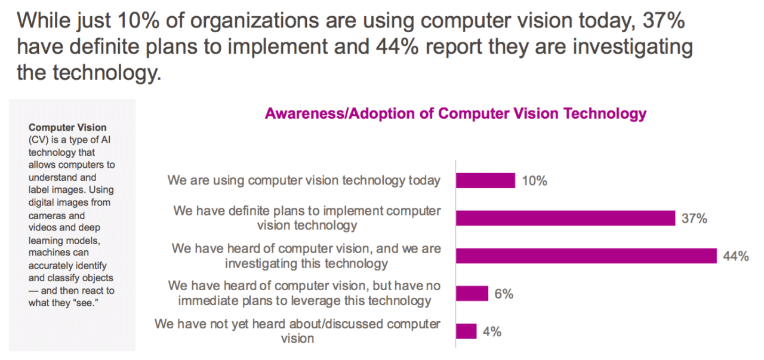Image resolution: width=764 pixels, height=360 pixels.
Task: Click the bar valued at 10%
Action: coord(485,180)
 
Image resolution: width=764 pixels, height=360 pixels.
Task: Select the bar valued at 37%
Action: coord(565,218)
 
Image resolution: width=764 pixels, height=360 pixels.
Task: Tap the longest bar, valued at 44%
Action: coord(586,256)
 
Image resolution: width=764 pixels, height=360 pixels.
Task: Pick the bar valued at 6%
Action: coord(472,293)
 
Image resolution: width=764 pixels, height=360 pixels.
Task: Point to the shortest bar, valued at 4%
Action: coord(466,331)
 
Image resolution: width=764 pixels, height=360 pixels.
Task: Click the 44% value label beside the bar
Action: coord(735,256)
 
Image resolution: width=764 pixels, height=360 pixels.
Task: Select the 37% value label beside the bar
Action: coord(694,219)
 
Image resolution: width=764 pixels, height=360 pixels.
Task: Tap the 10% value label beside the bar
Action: coord(534,181)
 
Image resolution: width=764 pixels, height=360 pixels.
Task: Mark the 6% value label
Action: coord(503,294)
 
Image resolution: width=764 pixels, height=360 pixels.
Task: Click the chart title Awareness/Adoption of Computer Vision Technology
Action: coord(455,113)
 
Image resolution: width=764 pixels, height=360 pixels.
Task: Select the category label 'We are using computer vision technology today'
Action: coord(304,180)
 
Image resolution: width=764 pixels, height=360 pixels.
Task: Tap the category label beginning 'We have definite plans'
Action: coord(307,218)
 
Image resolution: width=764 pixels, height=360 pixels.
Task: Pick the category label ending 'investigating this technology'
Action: coord(306,256)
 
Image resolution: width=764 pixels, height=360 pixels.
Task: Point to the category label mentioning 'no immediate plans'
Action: coord(304,293)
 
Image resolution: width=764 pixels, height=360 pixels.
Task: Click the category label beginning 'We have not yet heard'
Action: coord(297,331)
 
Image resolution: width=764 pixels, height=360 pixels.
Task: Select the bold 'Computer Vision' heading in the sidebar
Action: coord(67,127)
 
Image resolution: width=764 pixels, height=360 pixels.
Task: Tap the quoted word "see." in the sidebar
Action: coord(84,303)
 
